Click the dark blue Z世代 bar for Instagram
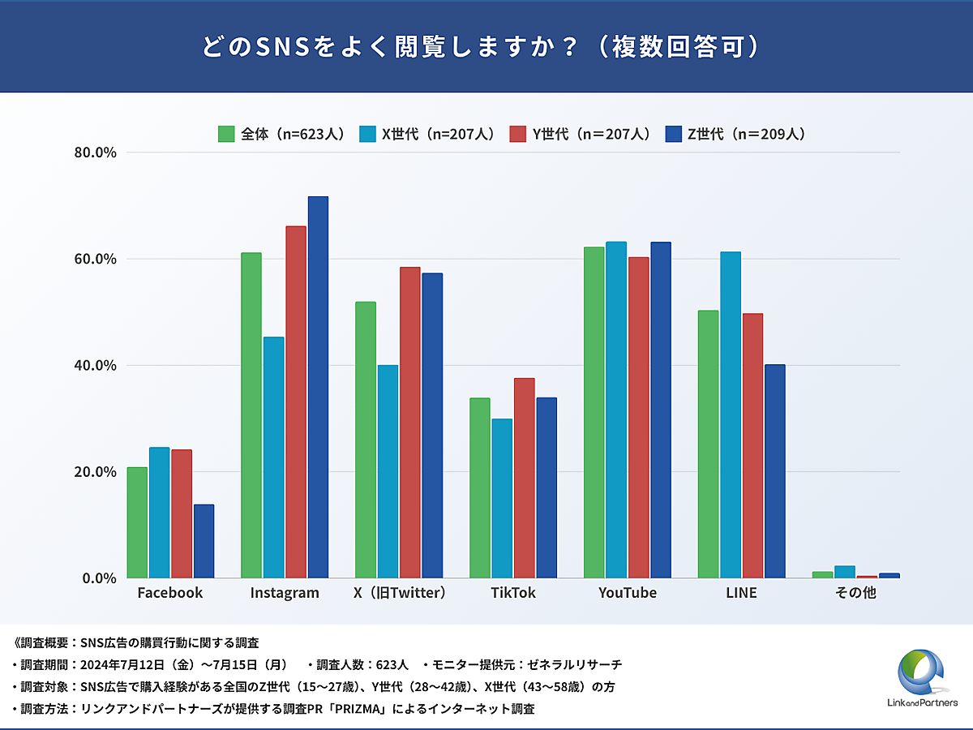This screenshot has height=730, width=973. (x=318, y=387)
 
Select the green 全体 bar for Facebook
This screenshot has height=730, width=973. (x=137, y=522)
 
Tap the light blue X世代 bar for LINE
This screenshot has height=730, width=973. (x=730, y=414)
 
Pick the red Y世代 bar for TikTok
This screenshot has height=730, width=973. (x=524, y=478)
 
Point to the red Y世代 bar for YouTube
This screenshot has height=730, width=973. (x=638, y=417)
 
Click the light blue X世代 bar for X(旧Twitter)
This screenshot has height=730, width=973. (x=388, y=471)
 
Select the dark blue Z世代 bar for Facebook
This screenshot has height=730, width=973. (x=204, y=541)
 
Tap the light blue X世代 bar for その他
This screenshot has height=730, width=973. (x=845, y=572)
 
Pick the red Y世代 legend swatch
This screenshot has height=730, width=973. (x=517, y=134)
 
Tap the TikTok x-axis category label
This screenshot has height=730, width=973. (x=513, y=593)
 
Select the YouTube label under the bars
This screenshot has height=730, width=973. (x=628, y=593)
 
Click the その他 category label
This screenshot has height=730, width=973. (x=855, y=593)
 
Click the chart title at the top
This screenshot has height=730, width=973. (x=486, y=45)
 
